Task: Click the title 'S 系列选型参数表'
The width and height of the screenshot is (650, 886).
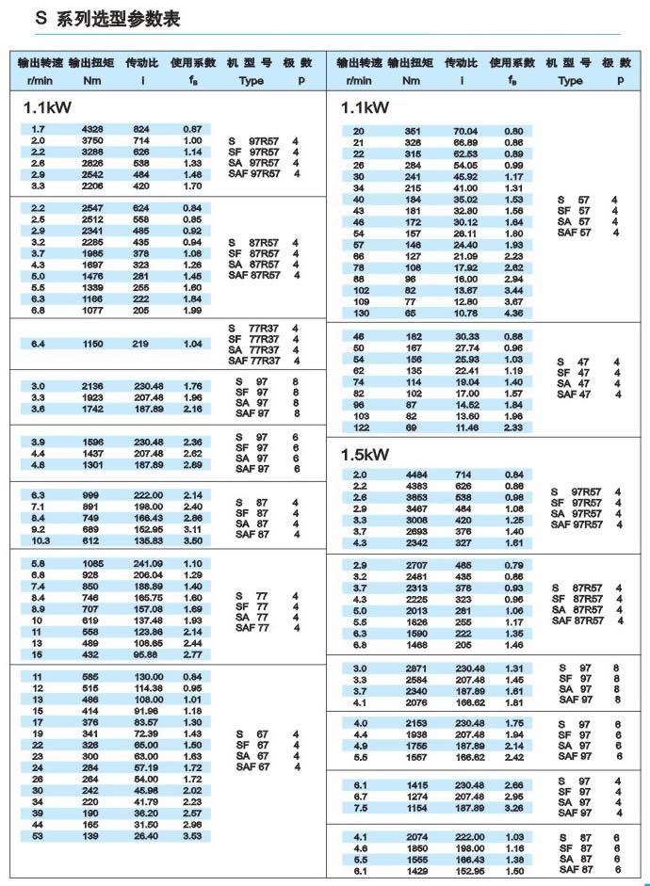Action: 106,19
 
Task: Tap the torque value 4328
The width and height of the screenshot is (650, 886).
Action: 92,129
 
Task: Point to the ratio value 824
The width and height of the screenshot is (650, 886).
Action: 141,129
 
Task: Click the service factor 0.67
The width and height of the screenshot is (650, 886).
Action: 192,129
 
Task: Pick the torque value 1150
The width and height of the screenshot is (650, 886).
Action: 92,345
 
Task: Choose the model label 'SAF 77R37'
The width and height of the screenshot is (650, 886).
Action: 253,361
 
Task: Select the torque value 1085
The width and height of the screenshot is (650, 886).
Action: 92,563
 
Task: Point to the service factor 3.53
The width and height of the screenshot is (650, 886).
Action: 192,835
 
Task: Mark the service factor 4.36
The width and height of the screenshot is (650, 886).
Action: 513,312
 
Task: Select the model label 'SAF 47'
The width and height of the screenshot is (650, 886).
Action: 574,395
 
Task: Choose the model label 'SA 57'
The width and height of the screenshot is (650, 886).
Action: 574,222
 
